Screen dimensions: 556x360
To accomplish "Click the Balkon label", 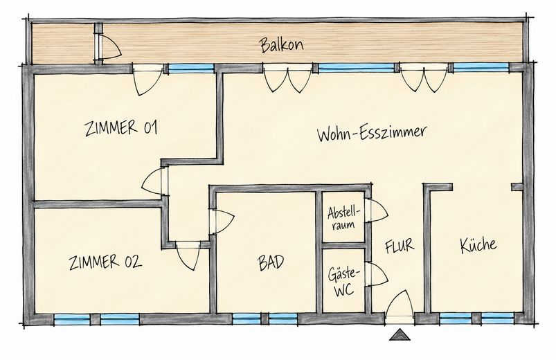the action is [x=282, y=45].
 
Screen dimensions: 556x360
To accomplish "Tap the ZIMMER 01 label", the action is [x=121, y=127].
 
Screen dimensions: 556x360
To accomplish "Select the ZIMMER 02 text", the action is [x=105, y=262].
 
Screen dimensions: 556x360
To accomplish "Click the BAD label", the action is [x=271, y=263].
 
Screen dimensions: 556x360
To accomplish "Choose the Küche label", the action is [x=478, y=244].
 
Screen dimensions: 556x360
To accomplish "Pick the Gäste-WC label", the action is [x=343, y=282].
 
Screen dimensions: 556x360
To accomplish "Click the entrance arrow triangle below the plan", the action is [x=400, y=334].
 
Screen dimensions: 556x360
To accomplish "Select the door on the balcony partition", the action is [x=109, y=46].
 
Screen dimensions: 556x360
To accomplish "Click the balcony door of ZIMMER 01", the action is [x=148, y=80].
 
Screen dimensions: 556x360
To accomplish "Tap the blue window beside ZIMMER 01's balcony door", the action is [x=191, y=68].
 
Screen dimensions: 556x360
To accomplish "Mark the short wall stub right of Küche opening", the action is [x=517, y=186].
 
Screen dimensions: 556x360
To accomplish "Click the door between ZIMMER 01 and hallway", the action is [x=154, y=181].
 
